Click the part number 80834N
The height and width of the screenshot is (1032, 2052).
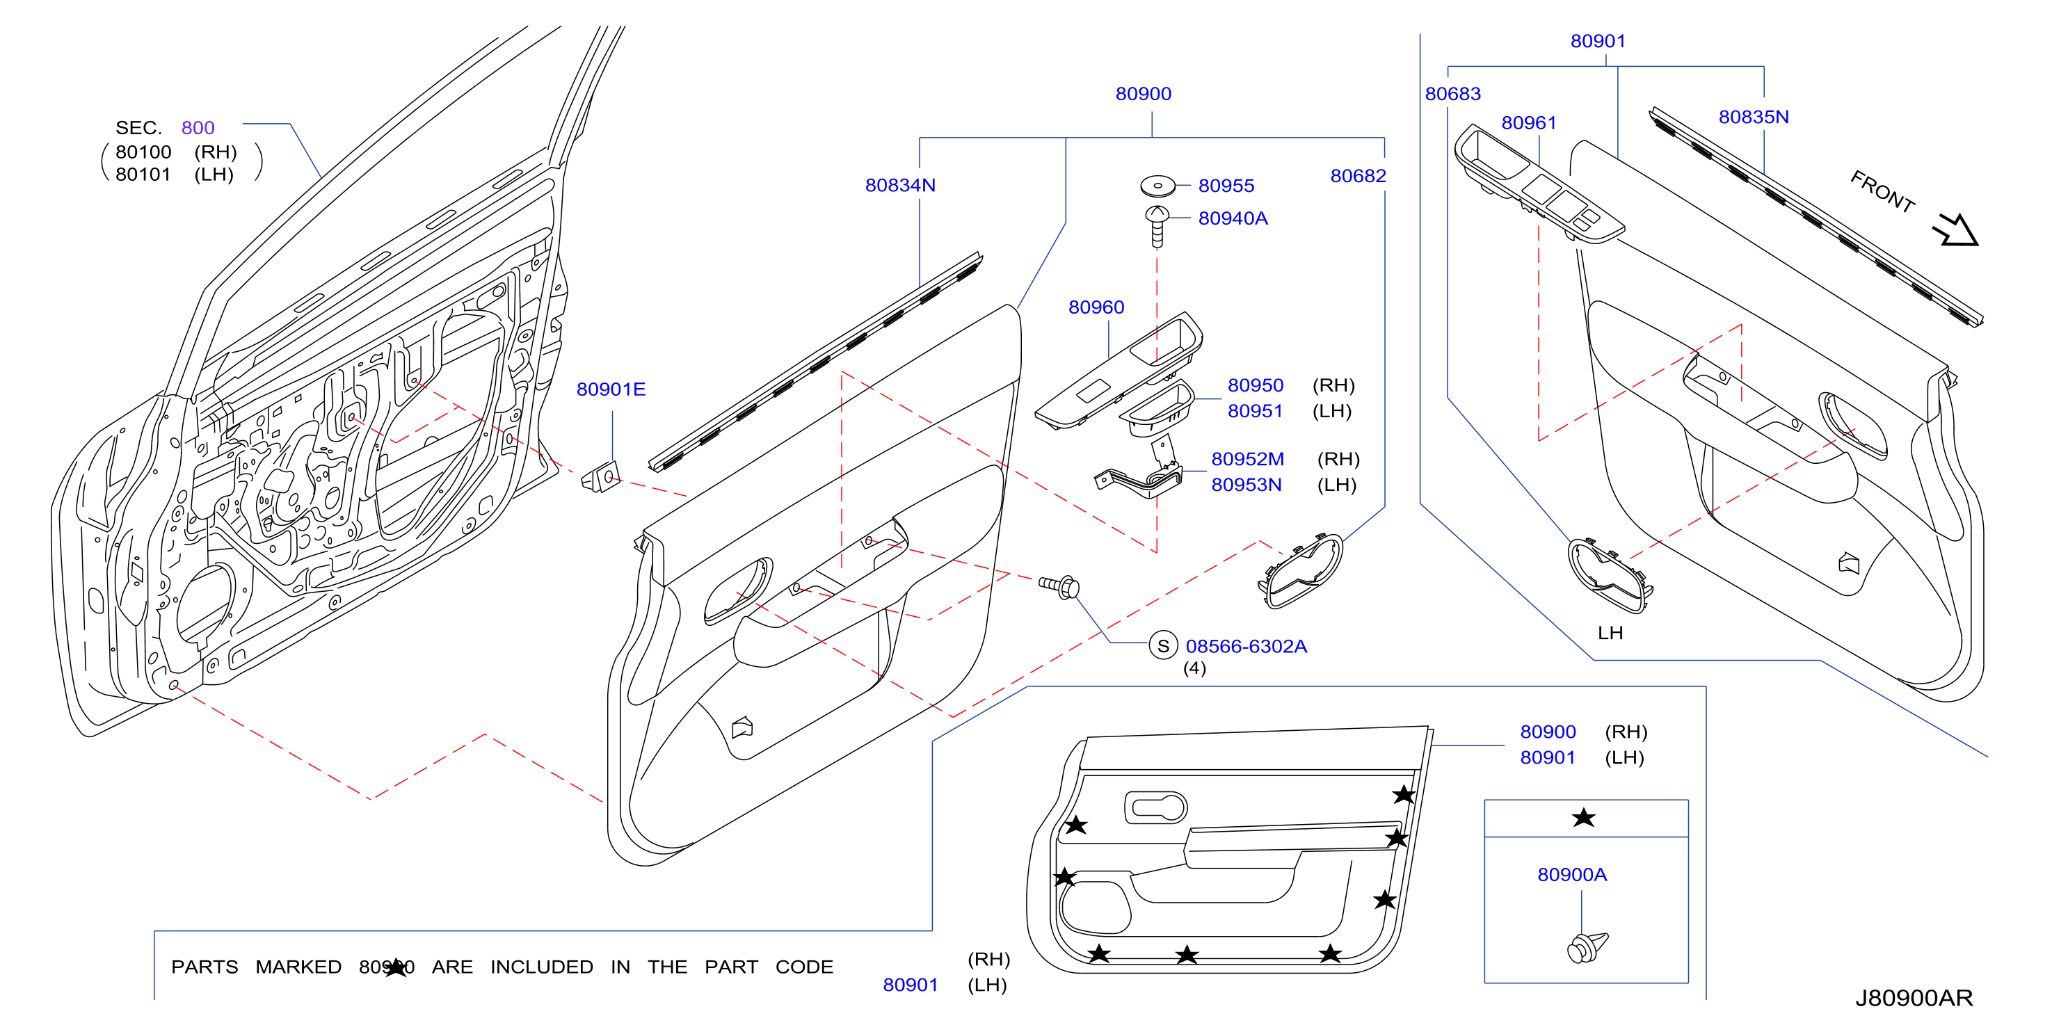coord(900,185)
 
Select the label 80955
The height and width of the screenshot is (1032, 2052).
coord(1226,186)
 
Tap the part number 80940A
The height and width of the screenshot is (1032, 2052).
coord(1233,218)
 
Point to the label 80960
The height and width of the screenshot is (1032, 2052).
coord(1096,307)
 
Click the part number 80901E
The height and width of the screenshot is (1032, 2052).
coord(611,389)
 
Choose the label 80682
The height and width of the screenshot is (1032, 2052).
coord(1358,176)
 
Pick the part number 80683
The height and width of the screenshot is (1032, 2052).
coord(1453,94)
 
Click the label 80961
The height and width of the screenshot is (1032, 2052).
coord(1529,122)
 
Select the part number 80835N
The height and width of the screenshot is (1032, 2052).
coord(1754,117)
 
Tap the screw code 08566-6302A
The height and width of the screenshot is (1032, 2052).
coord(1246,647)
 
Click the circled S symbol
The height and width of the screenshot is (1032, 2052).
coord(1163,646)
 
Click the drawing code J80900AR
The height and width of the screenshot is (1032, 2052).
coord(1914,998)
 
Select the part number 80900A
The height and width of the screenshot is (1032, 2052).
coord(1571,874)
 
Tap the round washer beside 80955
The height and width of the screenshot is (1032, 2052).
coord(1157,186)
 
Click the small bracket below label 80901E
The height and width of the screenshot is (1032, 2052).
coord(602,477)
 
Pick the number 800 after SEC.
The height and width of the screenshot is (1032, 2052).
coord(198,127)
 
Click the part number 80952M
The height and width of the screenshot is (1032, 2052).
coord(1247,459)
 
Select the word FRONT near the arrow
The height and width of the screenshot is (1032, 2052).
coord(1882,192)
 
